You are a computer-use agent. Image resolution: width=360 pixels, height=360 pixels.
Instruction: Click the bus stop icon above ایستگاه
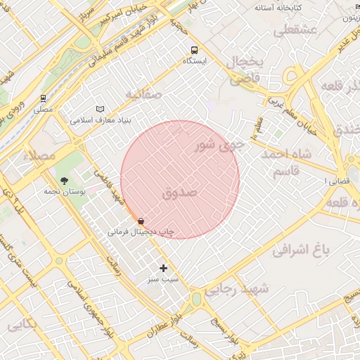[194, 50]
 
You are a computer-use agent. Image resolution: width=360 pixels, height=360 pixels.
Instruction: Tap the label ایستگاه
[194, 62]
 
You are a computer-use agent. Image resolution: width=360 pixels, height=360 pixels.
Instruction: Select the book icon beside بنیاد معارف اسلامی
[101, 109]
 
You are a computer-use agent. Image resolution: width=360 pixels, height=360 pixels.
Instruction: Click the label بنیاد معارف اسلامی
[101, 120]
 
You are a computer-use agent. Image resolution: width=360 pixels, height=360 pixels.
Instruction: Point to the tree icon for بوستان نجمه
[65, 181]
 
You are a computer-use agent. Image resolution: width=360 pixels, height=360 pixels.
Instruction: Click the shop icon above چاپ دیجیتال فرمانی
[141, 221]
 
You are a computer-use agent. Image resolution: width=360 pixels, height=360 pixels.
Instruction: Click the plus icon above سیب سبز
[164, 268]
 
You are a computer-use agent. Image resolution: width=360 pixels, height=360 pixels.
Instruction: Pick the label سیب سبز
[164, 279]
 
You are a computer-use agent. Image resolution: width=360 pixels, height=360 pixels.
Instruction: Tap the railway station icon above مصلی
[43, 98]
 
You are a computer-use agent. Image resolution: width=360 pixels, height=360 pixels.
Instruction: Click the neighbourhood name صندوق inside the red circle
[180, 192]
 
